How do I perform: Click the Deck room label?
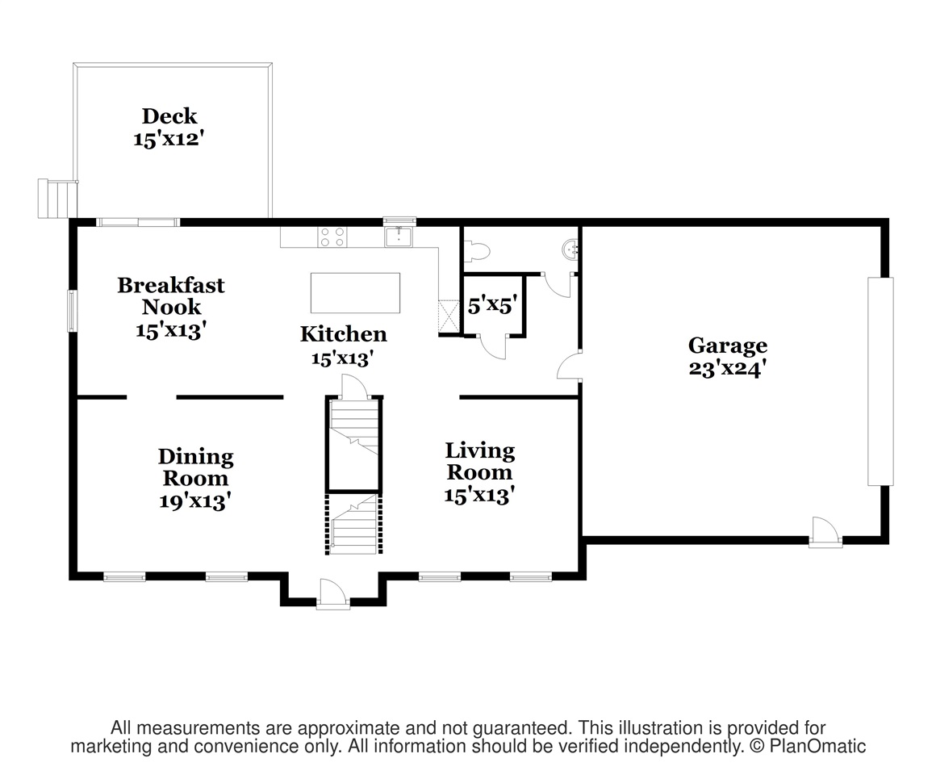pos(169,116)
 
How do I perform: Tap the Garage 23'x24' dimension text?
pos(727,370)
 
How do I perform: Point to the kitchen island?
pos(355,292)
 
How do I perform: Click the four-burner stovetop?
pos(332,237)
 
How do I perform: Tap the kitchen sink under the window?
pos(399,237)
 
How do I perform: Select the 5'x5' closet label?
pos(491,306)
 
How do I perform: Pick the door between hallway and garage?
pos(570,366)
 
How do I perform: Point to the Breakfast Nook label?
pos(170,295)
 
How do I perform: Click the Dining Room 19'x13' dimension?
pos(195,501)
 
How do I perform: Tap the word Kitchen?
pos(343,334)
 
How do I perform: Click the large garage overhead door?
pos(880,381)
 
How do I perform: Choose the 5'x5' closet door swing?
pos(491,346)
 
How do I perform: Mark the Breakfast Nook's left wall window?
pos(72,310)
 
